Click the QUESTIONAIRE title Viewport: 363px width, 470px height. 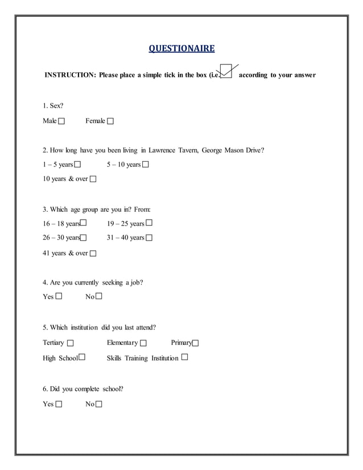181,48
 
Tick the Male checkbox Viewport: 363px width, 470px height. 61,121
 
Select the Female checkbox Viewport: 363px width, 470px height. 110,121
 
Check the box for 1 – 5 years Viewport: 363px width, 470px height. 77,164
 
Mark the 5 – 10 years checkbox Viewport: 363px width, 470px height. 145,164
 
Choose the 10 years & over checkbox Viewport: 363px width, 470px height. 93,179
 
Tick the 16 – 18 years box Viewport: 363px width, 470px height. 83,223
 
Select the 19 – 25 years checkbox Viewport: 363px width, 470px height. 149,223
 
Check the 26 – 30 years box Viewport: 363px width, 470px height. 83,238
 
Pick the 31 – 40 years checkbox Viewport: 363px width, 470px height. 149,238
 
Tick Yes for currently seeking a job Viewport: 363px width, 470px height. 59,296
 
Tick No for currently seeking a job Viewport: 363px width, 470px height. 99,296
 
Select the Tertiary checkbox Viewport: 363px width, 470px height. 70,343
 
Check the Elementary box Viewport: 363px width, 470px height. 143,343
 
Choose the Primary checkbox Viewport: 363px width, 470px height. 195,343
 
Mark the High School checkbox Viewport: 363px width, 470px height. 82,357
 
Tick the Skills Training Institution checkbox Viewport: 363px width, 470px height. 184,357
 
